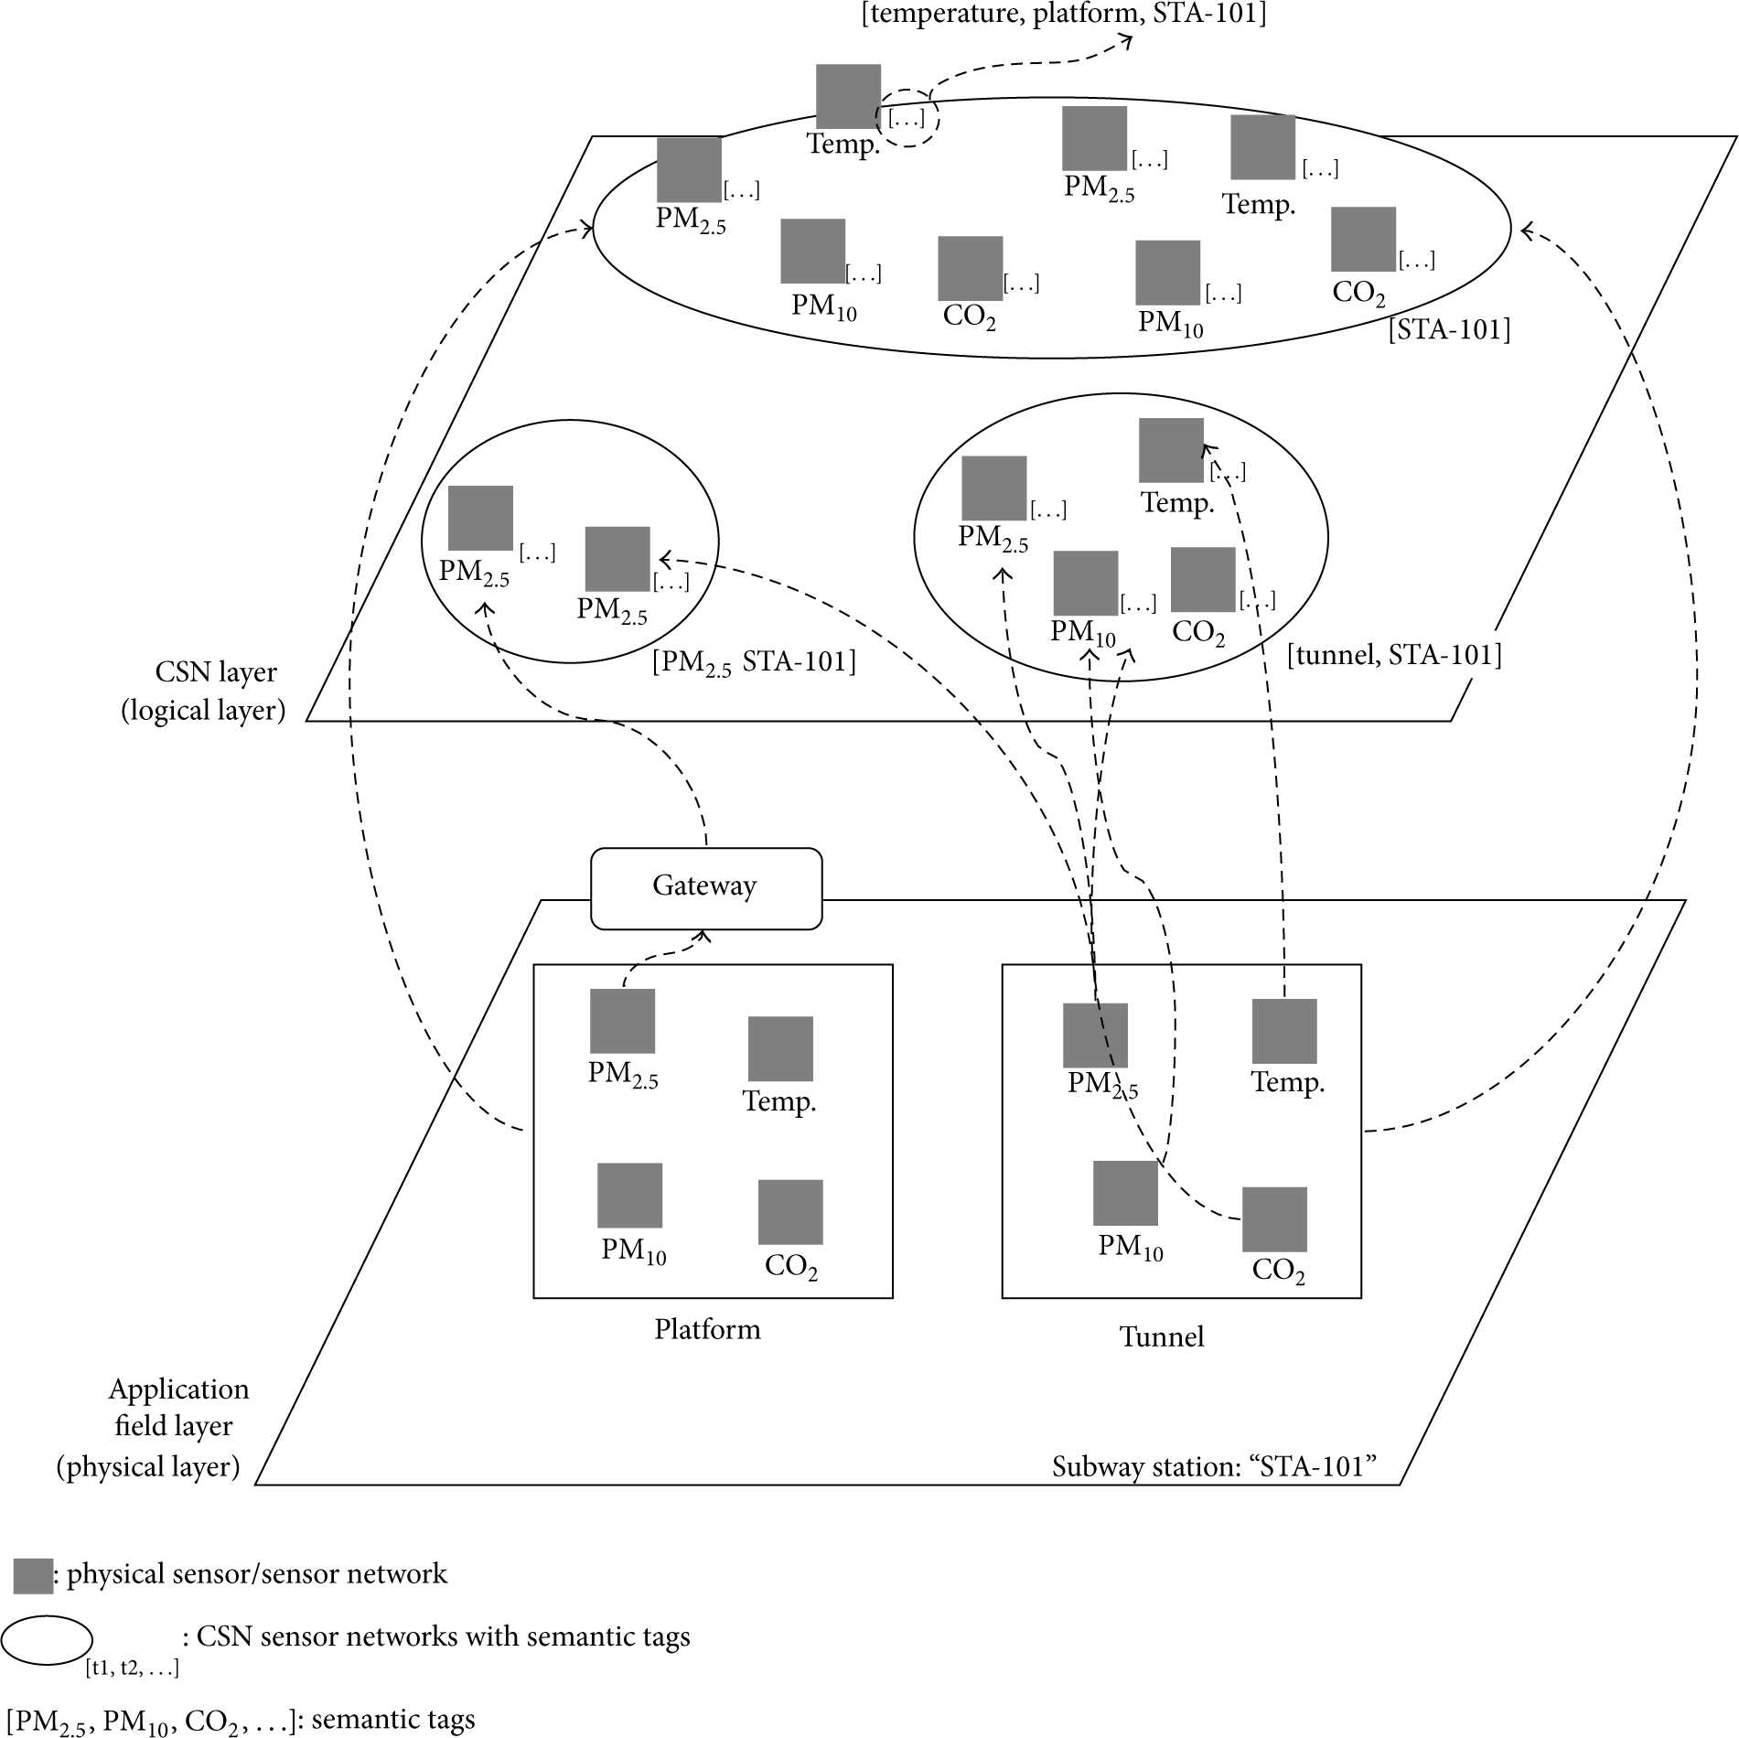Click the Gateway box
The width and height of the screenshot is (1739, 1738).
706,888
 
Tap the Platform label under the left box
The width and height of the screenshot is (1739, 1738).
707,1328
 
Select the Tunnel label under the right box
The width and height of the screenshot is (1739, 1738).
1162,1336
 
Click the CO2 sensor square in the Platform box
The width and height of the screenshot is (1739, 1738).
790,1212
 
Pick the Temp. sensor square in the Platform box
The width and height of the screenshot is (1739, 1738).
780,1048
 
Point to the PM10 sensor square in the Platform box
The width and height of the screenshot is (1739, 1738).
629,1196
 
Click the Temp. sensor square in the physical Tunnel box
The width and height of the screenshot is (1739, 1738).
1284,1031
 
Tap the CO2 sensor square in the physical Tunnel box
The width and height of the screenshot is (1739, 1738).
1274,1219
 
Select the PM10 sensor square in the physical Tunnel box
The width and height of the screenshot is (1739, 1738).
1125,1193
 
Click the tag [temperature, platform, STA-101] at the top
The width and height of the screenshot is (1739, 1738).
1064,15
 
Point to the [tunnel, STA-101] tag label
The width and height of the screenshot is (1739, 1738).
1394,655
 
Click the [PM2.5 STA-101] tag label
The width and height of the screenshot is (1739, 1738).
754,661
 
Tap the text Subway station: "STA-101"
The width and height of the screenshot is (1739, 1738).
1214,1466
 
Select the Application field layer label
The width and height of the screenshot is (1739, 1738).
153,1427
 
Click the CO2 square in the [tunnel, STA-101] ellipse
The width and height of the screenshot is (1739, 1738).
1203,579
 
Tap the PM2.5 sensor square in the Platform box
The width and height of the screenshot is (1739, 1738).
622,1021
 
